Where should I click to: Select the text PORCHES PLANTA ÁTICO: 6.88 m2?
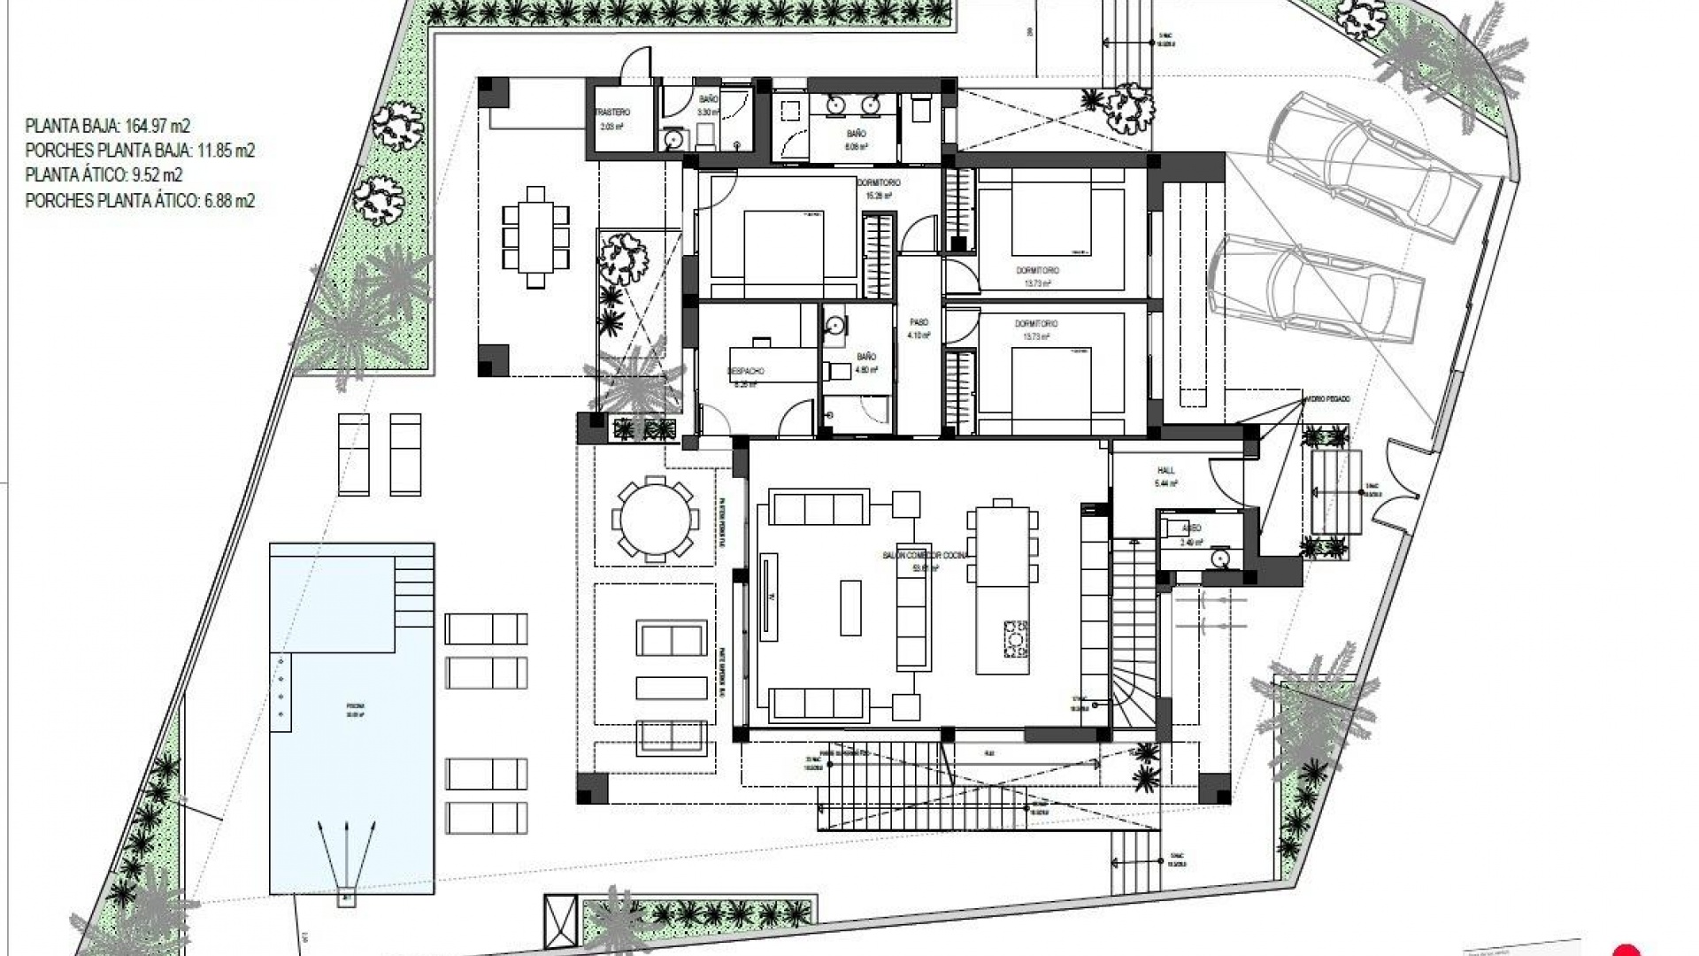click(x=140, y=202)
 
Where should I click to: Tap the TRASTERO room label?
click(x=611, y=113)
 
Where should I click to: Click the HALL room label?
click(x=1165, y=471)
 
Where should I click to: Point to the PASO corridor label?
click(x=919, y=323)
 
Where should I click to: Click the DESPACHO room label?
click(x=745, y=371)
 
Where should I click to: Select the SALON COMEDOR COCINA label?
click(x=926, y=555)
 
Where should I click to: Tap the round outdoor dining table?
click(x=654, y=519)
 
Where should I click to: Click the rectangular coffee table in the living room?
click(x=850, y=607)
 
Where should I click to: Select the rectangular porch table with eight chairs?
click(x=535, y=236)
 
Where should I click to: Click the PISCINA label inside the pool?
click(x=355, y=706)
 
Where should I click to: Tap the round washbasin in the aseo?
click(x=1222, y=559)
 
